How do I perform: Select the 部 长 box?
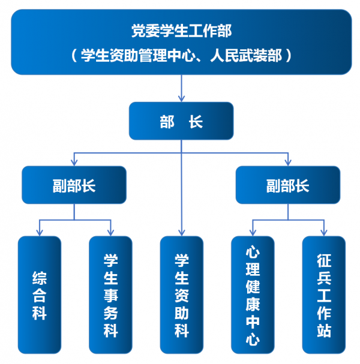point(181,122)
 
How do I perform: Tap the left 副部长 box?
point(74,185)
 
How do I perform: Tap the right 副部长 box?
point(287,185)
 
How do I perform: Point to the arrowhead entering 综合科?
point(39,233)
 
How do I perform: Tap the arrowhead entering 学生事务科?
point(110,233)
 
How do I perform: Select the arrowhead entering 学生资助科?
point(181,233)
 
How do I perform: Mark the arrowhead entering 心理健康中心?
point(253,233)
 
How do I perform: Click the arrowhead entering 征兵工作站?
point(324,233)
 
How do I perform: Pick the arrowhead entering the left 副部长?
point(74,163)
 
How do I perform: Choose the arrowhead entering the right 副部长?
point(287,163)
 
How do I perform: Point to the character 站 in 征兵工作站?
point(324,330)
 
